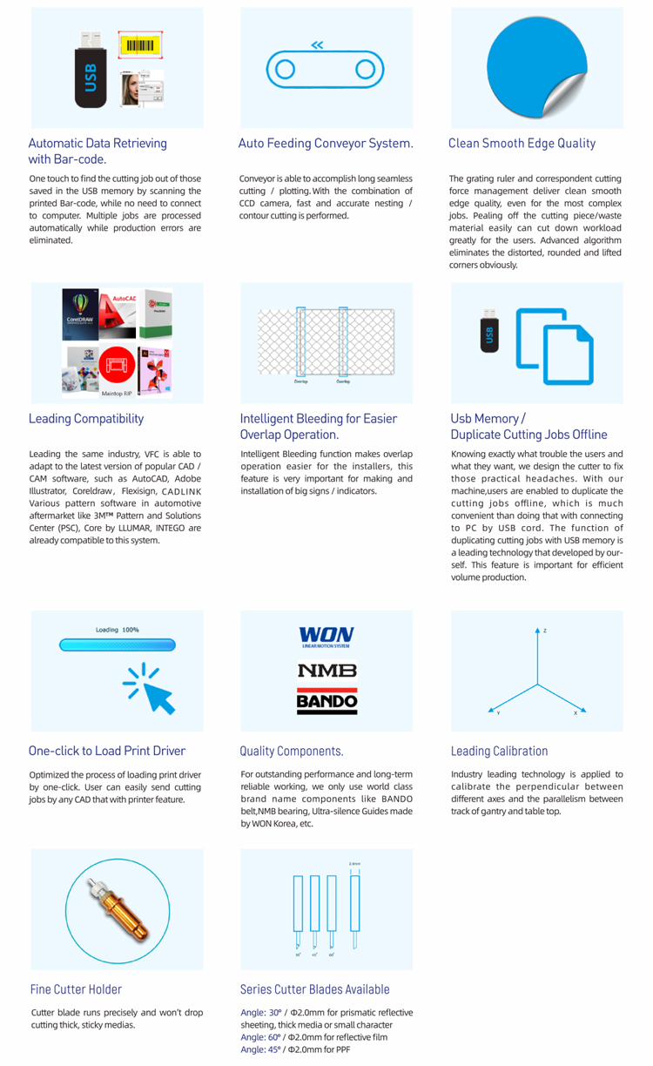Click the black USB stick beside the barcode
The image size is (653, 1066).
[x=91, y=72]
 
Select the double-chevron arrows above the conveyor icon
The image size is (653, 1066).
[x=317, y=45]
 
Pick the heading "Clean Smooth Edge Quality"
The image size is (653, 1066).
[x=522, y=143]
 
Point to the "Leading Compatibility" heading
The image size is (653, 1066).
[x=86, y=418]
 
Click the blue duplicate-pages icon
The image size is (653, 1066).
[x=555, y=346]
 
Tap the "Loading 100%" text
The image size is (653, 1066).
[x=117, y=629]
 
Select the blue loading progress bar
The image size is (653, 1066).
[x=118, y=645]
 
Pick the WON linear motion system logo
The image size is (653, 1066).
[x=326, y=638]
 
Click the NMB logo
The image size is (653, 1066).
[x=326, y=671]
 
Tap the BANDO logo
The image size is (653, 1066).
[x=326, y=700]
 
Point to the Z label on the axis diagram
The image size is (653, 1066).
[x=545, y=631]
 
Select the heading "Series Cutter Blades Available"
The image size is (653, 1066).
[x=314, y=989]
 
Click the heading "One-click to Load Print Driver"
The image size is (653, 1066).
[x=107, y=751]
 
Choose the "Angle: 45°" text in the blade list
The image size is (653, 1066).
[x=257, y=1049]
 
